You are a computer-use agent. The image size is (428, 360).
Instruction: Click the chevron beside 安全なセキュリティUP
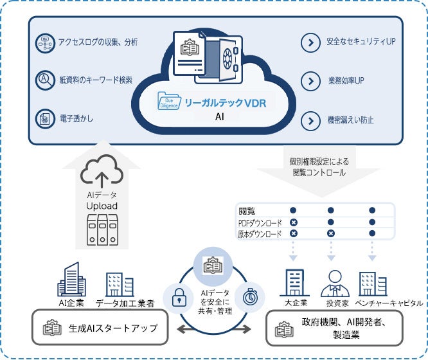tap(310, 42)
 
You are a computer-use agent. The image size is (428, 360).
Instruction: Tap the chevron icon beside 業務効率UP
tap(310, 81)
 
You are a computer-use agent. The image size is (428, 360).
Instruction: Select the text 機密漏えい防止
tap(350, 120)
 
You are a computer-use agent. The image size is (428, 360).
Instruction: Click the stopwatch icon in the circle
tap(249, 296)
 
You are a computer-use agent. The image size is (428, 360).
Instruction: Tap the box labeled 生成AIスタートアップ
tap(104, 328)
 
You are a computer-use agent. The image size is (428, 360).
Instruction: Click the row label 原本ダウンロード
tap(260, 234)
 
